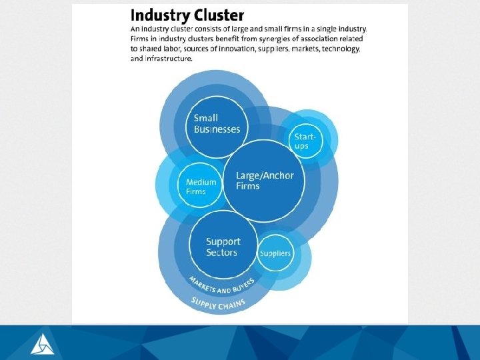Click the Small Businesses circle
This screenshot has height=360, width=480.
pyautogui.click(x=217, y=125)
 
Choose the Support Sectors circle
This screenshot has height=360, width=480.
pyautogui.click(x=223, y=246)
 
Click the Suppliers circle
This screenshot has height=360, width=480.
pyautogui.click(x=275, y=253)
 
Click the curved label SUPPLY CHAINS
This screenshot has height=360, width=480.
pyautogui.click(x=218, y=303)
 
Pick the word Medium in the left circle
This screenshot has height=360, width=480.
pyautogui.click(x=201, y=182)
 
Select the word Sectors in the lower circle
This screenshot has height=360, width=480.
pyautogui.click(x=222, y=253)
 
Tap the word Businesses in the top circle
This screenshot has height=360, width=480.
pyautogui.click(x=217, y=129)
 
